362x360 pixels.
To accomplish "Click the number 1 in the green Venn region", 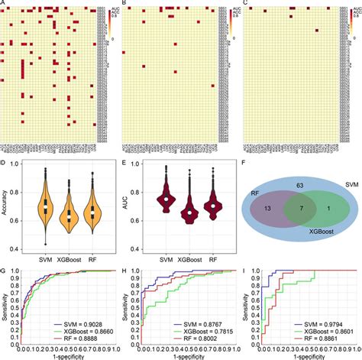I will pyautogui.click(x=326, y=207).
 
